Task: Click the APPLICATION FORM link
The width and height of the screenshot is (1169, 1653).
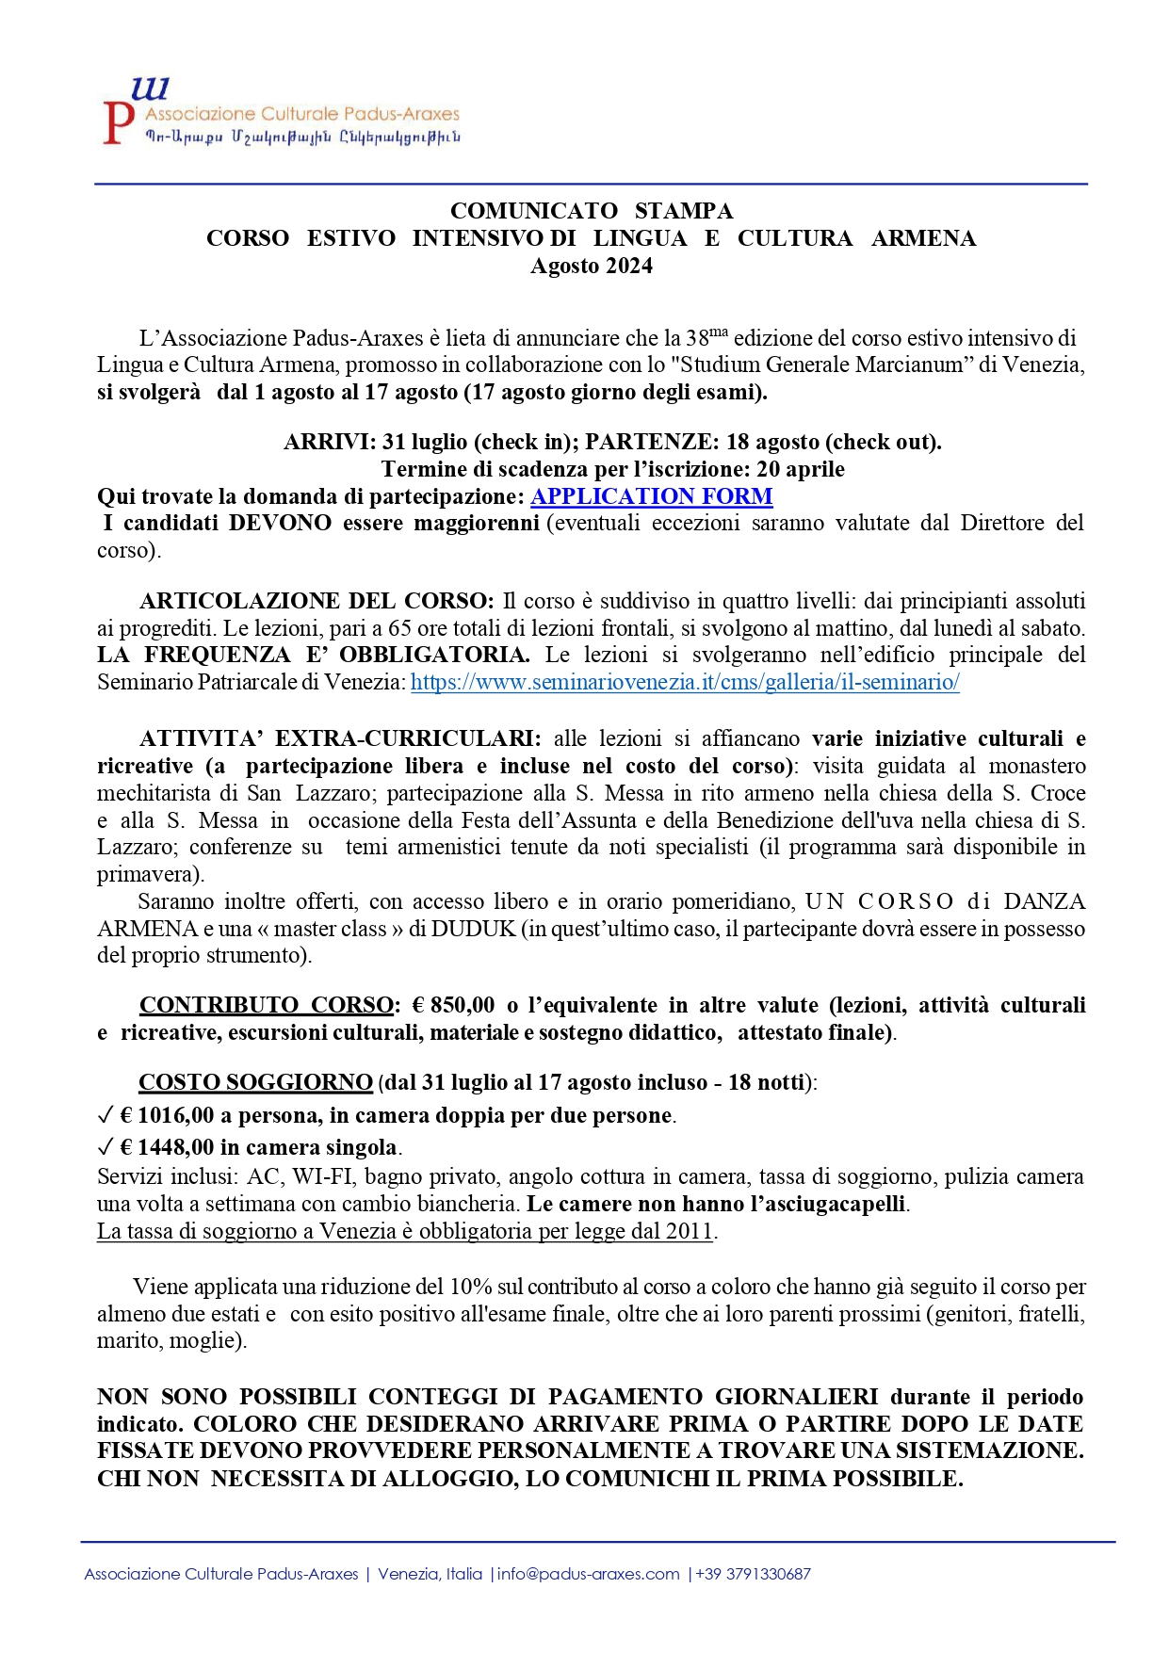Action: [x=651, y=496]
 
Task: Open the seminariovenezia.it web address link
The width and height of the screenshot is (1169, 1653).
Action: [x=685, y=682]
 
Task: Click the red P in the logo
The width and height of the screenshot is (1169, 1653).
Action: [x=117, y=123]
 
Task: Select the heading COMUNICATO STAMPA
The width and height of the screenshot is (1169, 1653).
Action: [x=591, y=210]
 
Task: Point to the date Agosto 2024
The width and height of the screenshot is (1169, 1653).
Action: [x=591, y=266]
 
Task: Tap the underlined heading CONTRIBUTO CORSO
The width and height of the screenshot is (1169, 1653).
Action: [x=267, y=1005]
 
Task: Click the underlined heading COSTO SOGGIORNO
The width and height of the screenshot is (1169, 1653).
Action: [x=255, y=1082]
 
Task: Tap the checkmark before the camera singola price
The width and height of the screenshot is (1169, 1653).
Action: [x=105, y=1147]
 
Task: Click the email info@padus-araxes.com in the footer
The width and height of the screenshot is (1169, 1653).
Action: [x=588, y=1574]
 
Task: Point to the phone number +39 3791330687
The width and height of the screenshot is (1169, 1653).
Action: [x=753, y=1574]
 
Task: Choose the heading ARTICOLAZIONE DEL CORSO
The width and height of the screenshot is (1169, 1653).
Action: [x=316, y=601]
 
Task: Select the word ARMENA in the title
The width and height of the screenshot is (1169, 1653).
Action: [x=923, y=238]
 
